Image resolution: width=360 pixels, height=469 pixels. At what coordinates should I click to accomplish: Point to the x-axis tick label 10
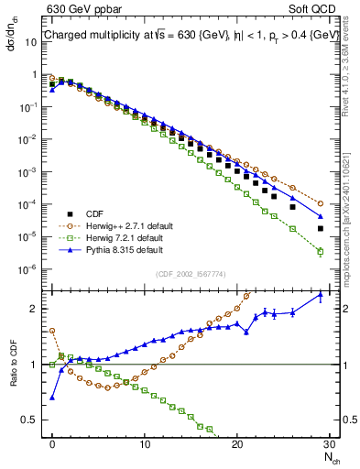click(145, 444)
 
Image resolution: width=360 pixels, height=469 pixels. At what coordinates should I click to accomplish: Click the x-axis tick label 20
click(237, 444)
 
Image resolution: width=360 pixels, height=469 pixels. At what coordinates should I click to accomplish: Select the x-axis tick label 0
click(52, 444)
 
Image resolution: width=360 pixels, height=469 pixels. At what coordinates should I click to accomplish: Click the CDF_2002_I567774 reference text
click(191, 272)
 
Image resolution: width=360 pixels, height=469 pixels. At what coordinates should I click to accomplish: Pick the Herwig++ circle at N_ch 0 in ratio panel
click(52, 331)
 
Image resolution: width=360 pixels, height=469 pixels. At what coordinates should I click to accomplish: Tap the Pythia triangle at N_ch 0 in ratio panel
click(52, 398)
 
